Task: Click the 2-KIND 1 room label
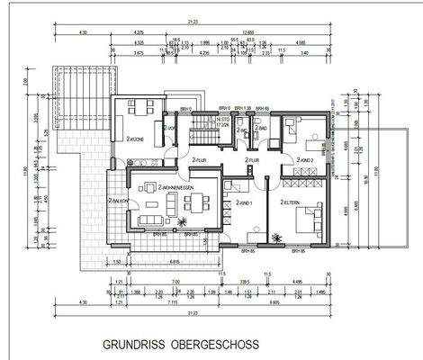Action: tap(246, 203)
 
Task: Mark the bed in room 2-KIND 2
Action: tap(296, 130)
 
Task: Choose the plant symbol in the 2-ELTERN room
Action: tap(277, 237)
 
